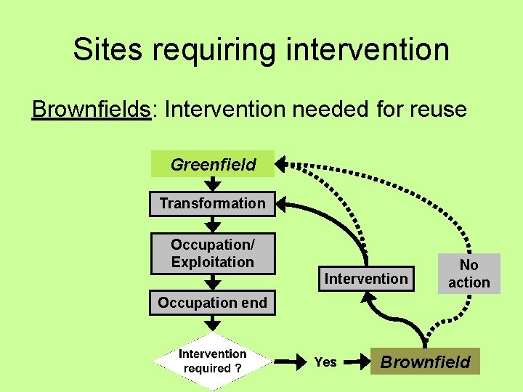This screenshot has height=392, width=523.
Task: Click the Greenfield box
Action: pos(213,164)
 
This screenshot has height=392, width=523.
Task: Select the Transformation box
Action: pos(213,203)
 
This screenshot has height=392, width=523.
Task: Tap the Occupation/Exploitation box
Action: pos(213,253)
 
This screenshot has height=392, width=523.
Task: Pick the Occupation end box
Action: pos(213,302)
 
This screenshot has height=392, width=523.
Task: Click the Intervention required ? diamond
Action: pos(213,361)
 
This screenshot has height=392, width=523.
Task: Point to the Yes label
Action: pos(325,362)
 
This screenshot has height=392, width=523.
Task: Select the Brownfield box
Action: pos(426,362)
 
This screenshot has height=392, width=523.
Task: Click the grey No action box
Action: pos(469,274)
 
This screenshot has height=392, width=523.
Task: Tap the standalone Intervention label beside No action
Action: pos(366,279)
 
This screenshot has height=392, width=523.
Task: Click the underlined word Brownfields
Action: pos(92,110)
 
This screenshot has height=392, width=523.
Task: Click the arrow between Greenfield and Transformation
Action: pos(213,184)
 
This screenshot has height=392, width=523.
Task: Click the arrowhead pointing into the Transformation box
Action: pos(283,204)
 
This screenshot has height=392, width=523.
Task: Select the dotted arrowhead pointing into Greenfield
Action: pos(283,163)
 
